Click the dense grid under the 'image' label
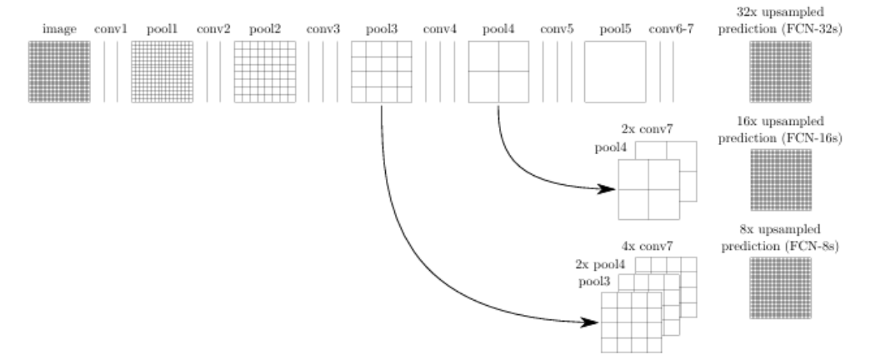pos(58,72)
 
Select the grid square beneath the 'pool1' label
pos(162,72)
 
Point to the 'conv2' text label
pos(213,29)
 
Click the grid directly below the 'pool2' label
pos(263,72)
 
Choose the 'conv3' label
pos(323,29)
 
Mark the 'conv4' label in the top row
pos(439,29)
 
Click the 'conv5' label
pos(557,29)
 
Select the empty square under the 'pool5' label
pos(615,72)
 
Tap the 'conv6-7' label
pos(667,29)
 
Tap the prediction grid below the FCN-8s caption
pos(779,287)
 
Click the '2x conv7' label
pos(647,129)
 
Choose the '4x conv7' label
pos(647,247)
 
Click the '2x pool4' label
pos(599,264)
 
